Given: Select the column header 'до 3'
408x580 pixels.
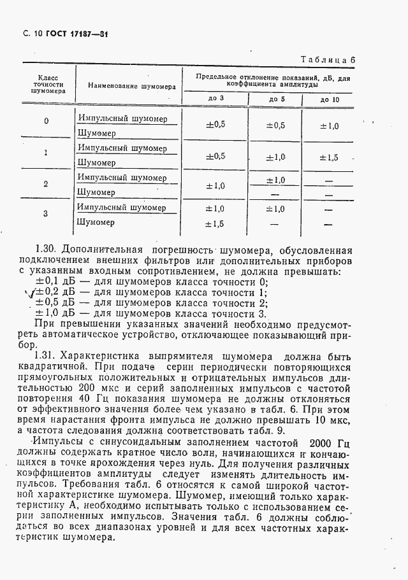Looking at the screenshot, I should [x=216, y=99].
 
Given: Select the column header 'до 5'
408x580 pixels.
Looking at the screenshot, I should [x=277, y=99].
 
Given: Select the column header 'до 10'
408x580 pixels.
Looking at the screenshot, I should [x=330, y=99].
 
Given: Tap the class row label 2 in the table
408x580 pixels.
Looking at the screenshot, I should [x=46, y=184].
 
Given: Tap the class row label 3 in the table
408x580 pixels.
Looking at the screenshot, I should [x=46, y=213].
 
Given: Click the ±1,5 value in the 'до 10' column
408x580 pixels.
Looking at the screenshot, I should [x=329, y=157].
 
